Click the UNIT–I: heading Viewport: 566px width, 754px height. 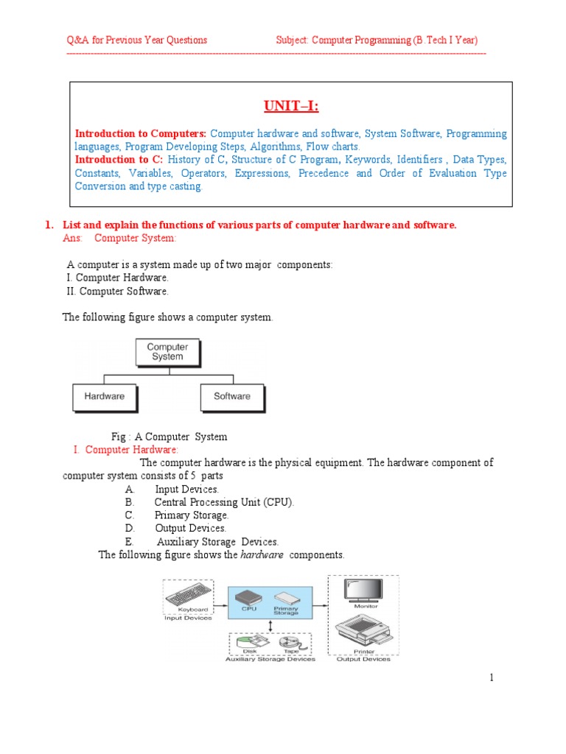tap(291, 107)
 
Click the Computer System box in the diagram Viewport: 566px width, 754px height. tap(167, 352)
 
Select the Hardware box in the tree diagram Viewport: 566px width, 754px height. tap(105, 397)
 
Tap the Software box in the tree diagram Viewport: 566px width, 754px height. tap(232, 397)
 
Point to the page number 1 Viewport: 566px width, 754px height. tap(492, 677)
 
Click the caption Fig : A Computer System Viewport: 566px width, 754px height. tap(169, 437)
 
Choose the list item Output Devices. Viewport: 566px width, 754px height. tap(190, 528)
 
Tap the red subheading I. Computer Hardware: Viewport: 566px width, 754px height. tap(125, 450)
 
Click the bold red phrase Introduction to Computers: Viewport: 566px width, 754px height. tap(141, 134)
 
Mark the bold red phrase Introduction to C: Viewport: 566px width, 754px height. tap(119, 160)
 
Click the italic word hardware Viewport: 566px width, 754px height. tap(262, 555)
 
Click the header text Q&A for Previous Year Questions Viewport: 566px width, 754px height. tap(137, 40)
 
